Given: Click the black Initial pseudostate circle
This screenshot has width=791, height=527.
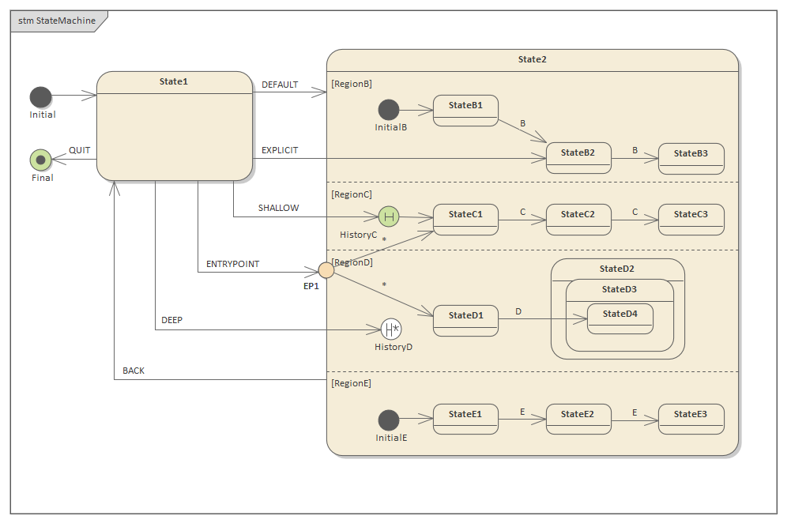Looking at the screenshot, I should (40, 96).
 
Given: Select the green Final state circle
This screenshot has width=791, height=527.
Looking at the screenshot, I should (40, 160).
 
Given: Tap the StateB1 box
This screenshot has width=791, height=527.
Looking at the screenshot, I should (465, 111).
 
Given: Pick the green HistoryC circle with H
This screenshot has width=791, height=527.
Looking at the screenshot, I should (388, 216).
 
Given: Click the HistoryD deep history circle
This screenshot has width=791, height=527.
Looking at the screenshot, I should (391, 329).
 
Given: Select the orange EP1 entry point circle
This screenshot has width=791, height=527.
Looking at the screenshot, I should (326, 270).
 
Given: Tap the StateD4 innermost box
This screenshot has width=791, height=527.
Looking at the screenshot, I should (620, 318).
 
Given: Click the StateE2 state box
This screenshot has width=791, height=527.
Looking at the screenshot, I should (578, 419).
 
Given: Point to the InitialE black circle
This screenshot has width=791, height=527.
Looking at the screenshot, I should (388, 420).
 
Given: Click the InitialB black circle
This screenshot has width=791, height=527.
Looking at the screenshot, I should (388, 110).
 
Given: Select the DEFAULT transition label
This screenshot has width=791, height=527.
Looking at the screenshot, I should (280, 85).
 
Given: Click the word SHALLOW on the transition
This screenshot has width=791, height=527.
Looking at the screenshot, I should (278, 208).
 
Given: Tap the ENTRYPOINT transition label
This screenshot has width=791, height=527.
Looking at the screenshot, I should (232, 264).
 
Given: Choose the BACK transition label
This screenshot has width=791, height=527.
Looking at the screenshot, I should (134, 371).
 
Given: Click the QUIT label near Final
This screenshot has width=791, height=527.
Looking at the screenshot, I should (79, 150).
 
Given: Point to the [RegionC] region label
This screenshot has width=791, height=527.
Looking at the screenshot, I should (352, 194).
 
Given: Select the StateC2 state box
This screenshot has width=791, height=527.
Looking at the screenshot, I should (578, 220).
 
